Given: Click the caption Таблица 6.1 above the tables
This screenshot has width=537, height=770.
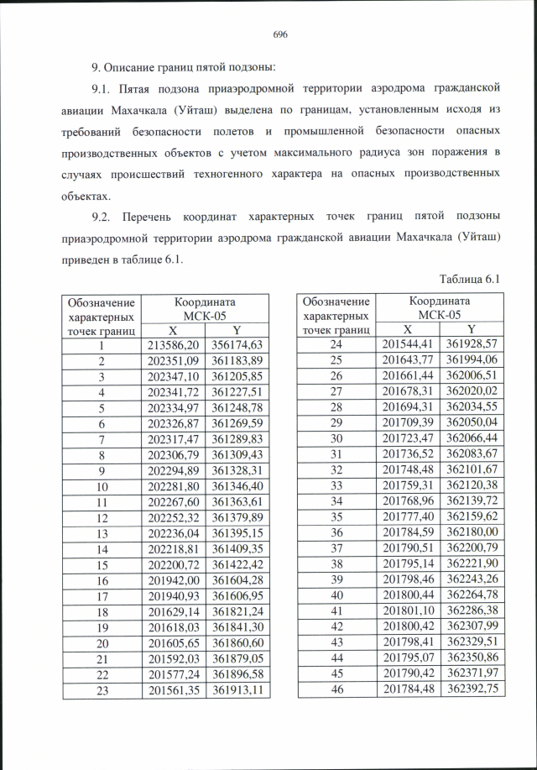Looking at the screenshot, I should (470, 278).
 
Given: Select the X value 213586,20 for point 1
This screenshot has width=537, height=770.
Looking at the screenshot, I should (173, 345).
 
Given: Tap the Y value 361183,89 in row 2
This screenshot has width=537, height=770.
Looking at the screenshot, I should (237, 361).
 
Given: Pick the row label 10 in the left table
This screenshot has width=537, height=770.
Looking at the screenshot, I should (101, 486).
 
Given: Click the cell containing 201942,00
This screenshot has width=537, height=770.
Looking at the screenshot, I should (173, 579).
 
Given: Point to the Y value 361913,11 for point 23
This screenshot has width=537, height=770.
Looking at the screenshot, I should (237, 689).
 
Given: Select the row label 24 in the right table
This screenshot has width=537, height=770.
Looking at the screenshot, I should (336, 345).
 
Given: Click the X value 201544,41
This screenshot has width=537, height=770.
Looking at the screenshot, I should (408, 345).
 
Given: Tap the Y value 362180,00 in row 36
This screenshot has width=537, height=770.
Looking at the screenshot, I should (472, 532).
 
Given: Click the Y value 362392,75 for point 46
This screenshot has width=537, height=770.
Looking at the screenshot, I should (472, 689).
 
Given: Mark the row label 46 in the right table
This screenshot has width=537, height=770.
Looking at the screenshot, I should (336, 689).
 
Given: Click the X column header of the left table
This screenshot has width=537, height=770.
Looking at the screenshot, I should (173, 330).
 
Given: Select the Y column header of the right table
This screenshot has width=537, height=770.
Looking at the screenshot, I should (472, 330).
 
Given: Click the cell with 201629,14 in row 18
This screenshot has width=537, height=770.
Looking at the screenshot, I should (173, 610).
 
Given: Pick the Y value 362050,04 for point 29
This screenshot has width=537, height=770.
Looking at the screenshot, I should (472, 423).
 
